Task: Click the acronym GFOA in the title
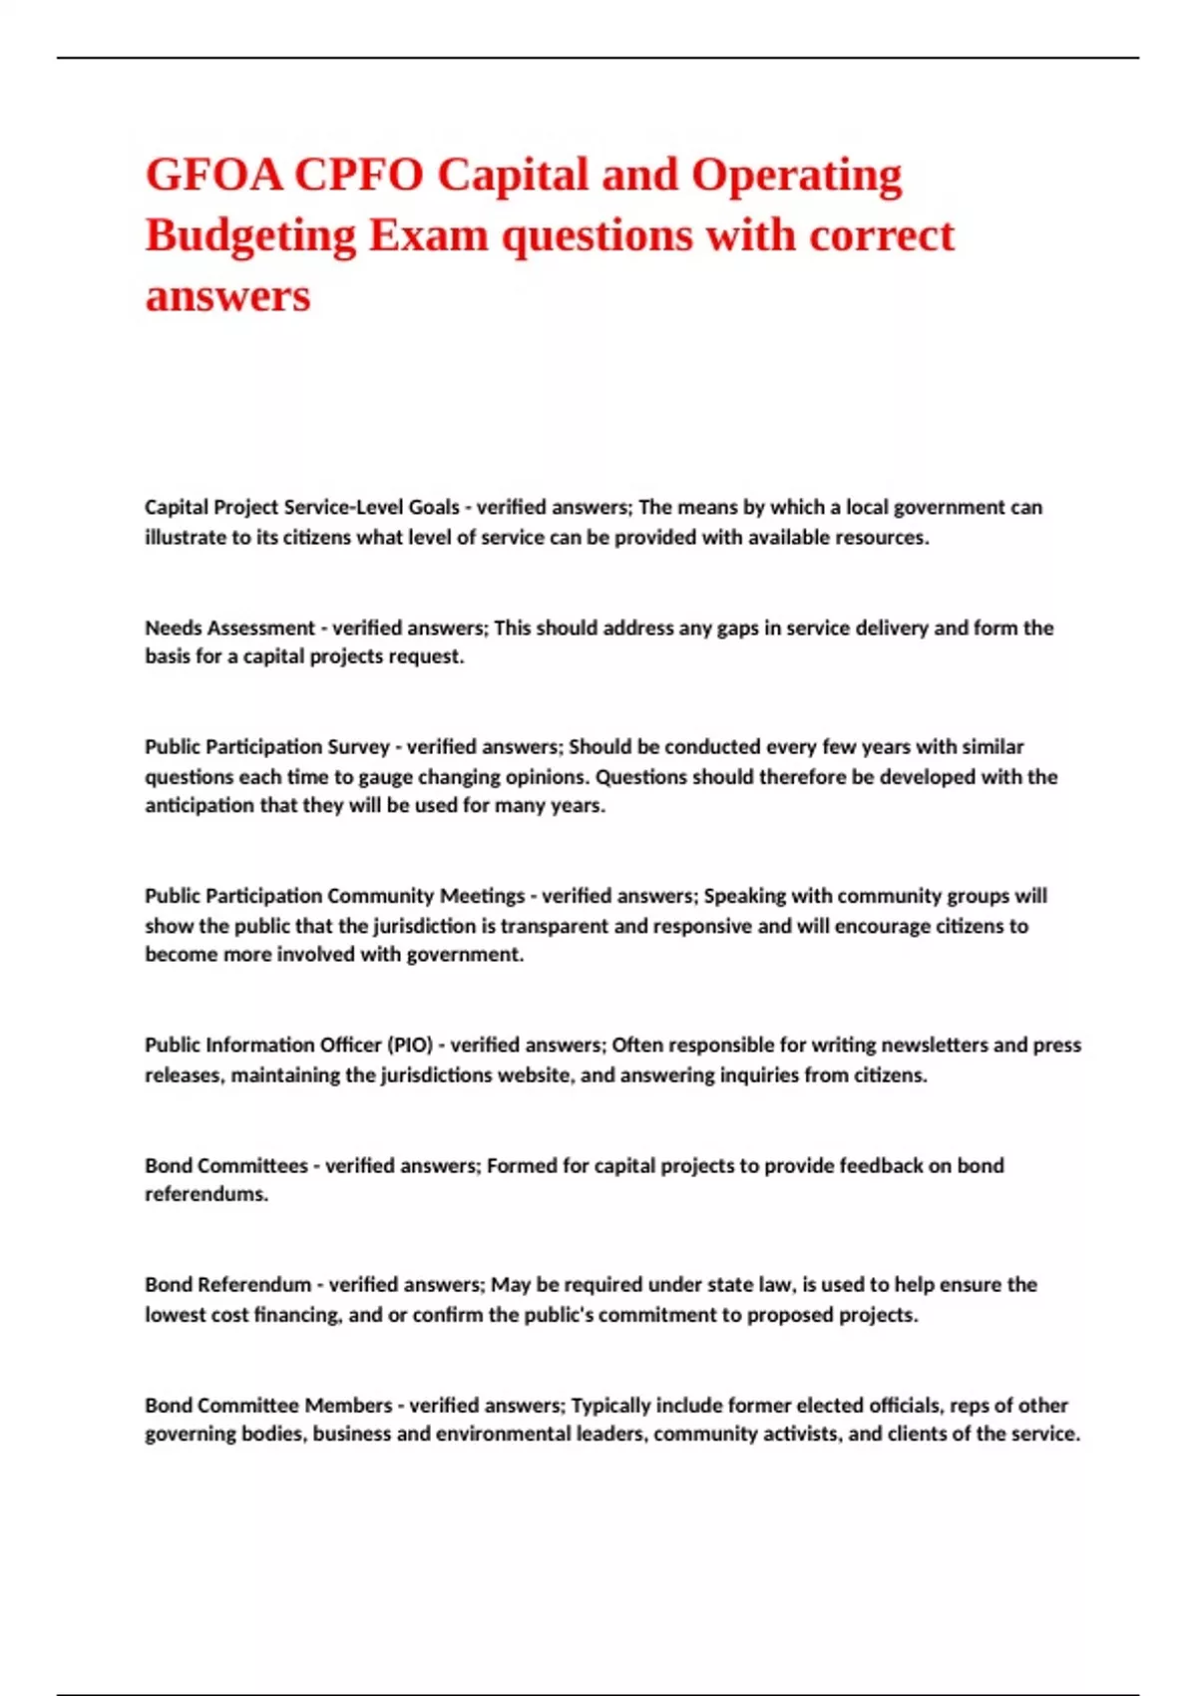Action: click(x=214, y=175)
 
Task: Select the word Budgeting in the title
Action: click(x=250, y=235)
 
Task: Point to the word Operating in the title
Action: click(x=796, y=175)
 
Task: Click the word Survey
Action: click(x=356, y=746)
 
